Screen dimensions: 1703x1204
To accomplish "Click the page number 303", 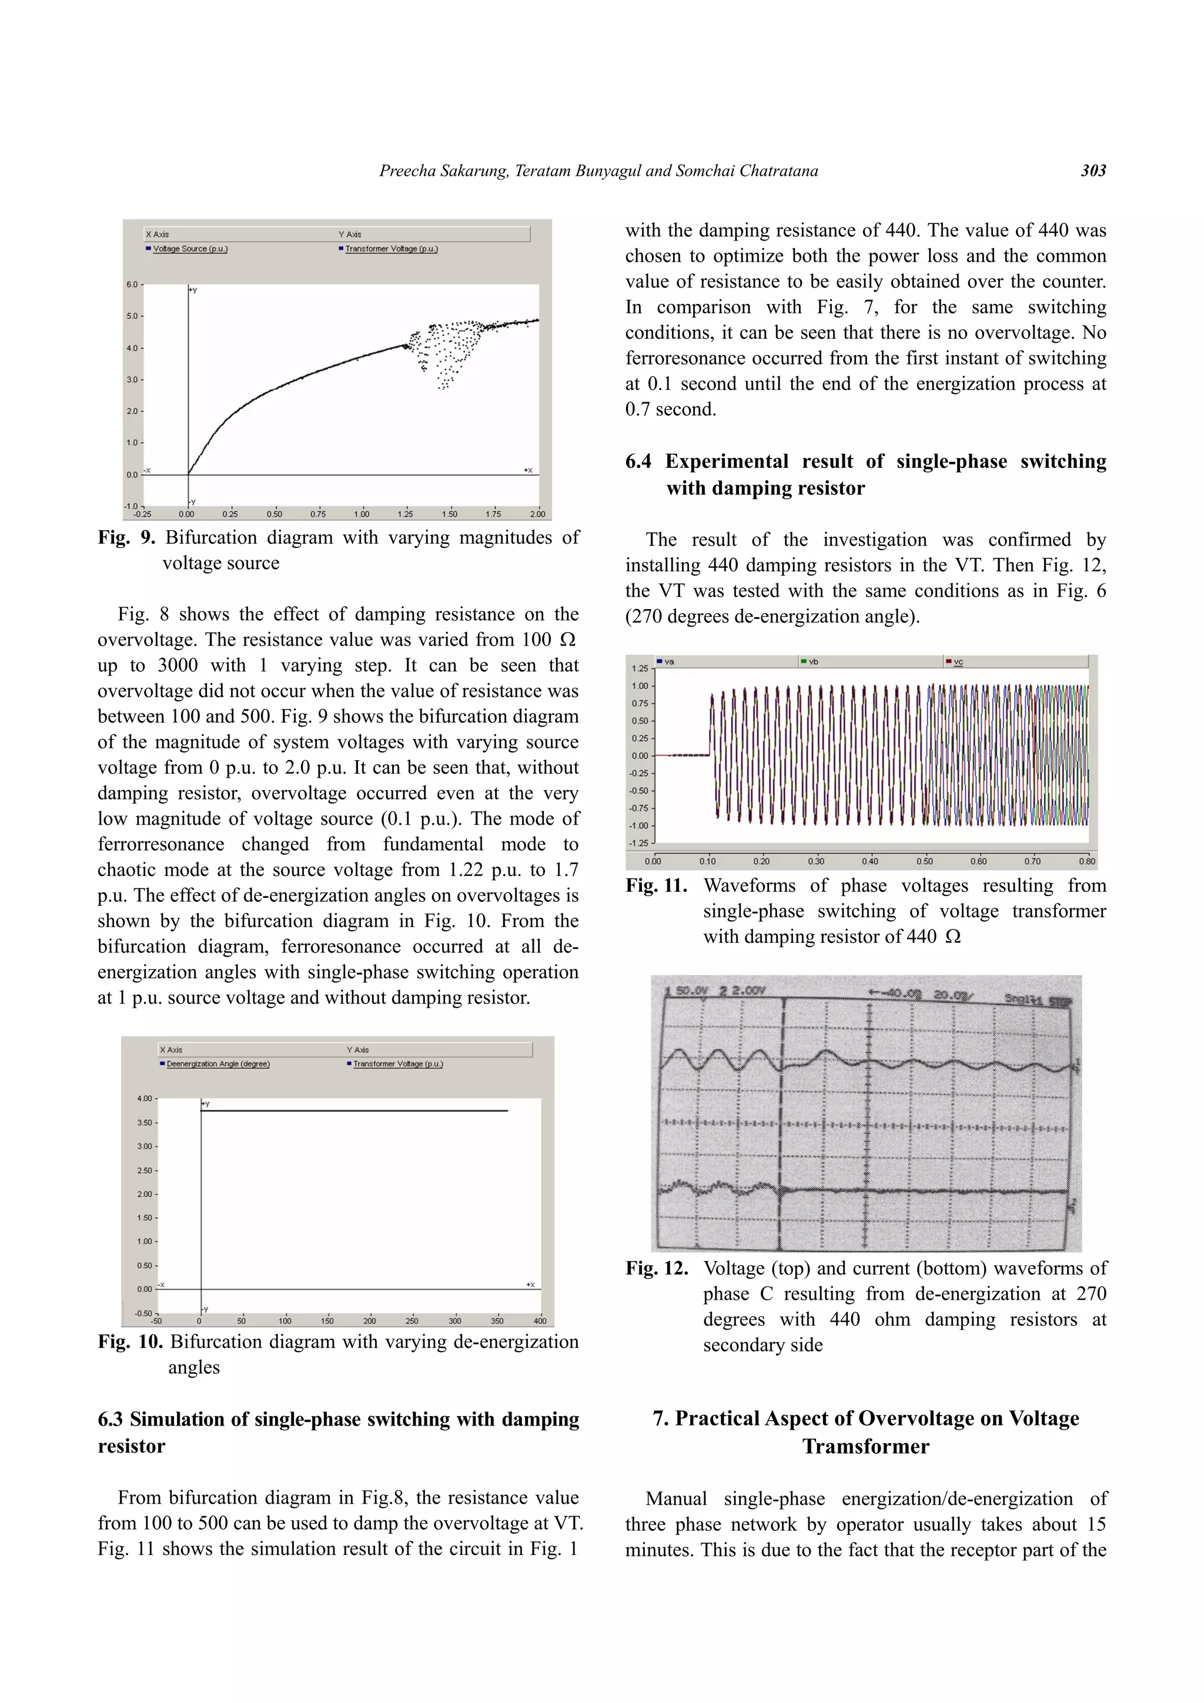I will click(1093, 170).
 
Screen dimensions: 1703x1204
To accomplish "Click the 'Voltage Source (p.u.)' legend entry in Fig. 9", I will click(190, 249).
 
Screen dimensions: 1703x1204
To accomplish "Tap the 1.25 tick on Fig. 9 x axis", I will click(405, 514).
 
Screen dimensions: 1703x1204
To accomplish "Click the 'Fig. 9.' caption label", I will click(126, 538).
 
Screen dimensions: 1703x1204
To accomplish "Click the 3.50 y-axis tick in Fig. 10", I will click(144, 1122).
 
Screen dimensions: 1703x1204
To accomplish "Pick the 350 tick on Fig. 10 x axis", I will click(497, 1320).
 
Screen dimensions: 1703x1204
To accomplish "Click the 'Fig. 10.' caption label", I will click(130, 1342).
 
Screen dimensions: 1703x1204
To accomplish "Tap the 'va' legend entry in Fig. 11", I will click(669, 661).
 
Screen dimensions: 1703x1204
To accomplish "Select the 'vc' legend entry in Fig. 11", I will click(958, 661).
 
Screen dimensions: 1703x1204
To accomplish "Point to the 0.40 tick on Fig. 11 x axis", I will click(869, 861).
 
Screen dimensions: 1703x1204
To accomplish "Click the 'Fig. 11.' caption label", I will click(655, 886).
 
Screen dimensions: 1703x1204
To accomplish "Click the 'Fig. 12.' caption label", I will click(655, 1269).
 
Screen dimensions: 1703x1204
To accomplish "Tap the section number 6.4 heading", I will click(638, 461).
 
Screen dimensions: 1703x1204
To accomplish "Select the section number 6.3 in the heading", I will click(111, 1419).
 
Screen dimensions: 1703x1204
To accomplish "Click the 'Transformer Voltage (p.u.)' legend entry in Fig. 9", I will click(391, 249).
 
